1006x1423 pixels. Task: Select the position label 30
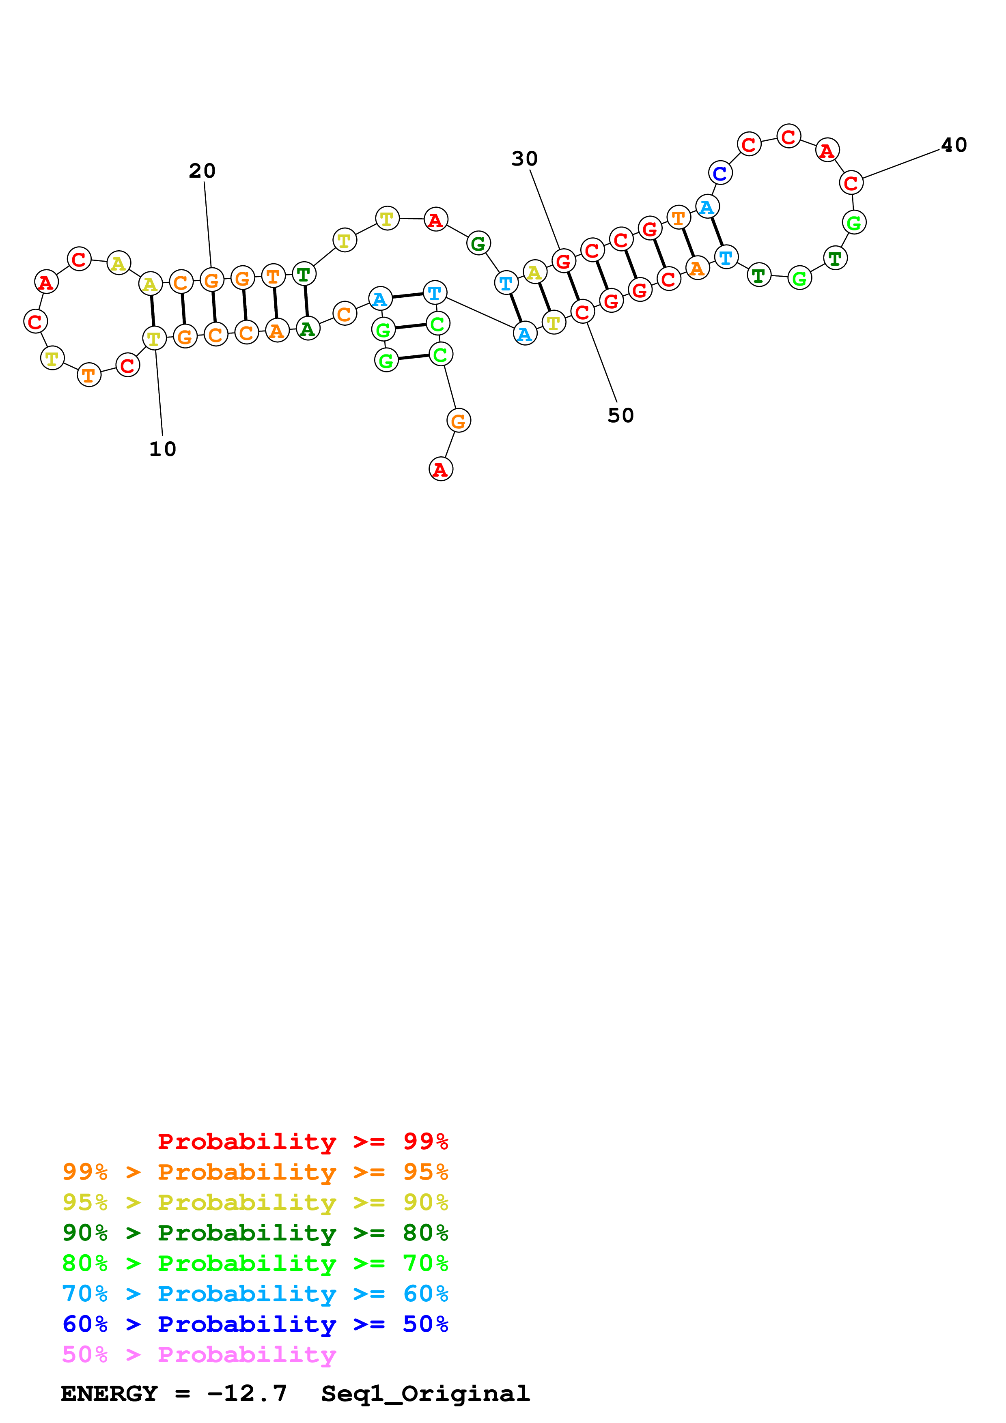[x=524, y=159]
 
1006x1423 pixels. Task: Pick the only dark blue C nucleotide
[x=719, y=173]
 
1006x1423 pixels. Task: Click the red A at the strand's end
[x=441, y=469]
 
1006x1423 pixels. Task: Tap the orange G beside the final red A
[x=459, y=421]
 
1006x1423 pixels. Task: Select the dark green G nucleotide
[x=478, y=243]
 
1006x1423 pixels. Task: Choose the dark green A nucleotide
[x=308, y=329]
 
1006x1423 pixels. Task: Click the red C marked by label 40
[x=851, y=183]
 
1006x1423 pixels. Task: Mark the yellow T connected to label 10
[x=154, y=338]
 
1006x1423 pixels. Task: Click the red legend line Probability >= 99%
[x=302, y=1141]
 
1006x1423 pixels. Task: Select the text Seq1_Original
[x=425, y=1393]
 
